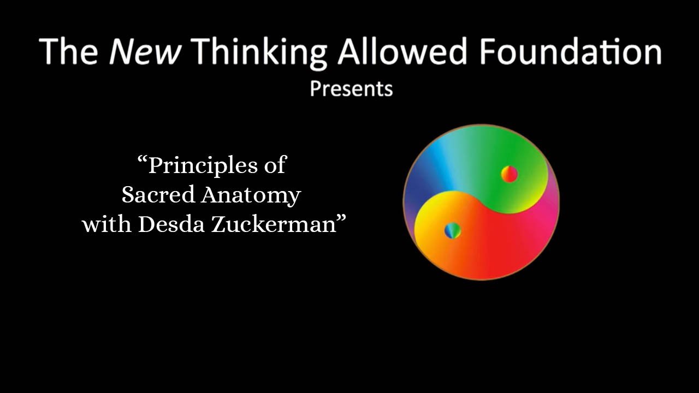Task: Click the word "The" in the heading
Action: click(68, 51)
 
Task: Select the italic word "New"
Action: click(145, 51)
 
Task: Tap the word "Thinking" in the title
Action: click(259, 53)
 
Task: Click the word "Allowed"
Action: click(402, 51)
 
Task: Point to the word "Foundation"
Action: click(570, 51)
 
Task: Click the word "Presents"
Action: click(351, 89)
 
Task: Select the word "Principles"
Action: click(203, 166)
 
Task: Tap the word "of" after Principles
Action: click(275, 164)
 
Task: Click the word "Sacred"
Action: click(158, 194)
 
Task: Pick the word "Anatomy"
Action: click(251, 196)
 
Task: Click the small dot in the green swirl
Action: click(510, 174)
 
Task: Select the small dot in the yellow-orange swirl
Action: click(453, 231)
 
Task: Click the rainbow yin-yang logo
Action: click(481, 202)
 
